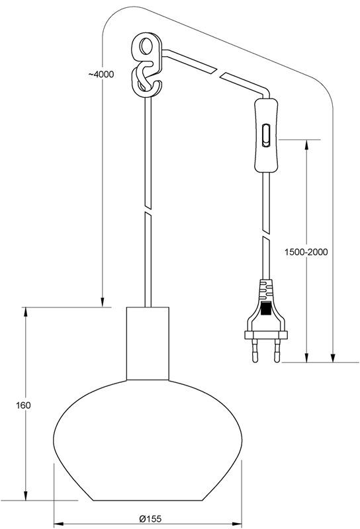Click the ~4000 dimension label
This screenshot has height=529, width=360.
coord(101,74)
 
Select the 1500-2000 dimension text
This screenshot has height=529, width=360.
coord(306,252)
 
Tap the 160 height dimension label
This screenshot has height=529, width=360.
coord(23,405)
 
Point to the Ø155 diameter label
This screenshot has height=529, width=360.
coord(150,518)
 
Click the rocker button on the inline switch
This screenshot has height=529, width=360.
coord(266,136)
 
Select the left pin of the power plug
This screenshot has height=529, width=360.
coord(255,350)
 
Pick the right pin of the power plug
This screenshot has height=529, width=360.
coord(277,350)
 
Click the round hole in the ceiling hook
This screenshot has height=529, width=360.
coord(147,46)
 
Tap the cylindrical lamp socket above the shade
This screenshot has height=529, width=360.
coord(148,343)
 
